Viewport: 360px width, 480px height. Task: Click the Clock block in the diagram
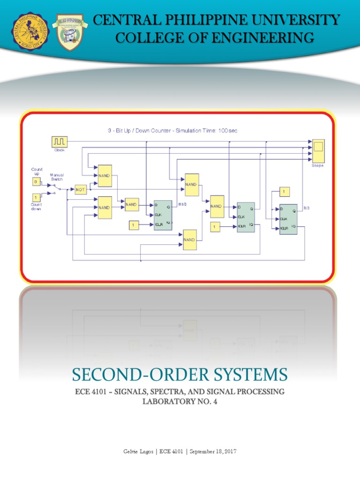60,142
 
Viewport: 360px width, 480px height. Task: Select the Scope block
318,148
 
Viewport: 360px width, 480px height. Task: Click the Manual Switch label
57,177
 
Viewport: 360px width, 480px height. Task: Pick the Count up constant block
36,181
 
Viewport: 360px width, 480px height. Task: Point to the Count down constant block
36,197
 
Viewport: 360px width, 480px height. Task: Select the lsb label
307,208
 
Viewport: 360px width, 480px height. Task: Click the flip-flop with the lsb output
287,219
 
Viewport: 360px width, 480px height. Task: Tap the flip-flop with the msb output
163,215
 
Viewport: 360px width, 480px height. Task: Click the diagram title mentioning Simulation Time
172,131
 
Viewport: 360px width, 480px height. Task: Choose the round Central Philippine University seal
30,32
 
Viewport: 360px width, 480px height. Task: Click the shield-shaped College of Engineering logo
70,32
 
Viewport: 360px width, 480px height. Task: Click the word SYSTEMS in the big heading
247,375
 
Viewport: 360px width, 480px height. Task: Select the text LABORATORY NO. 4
180,402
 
